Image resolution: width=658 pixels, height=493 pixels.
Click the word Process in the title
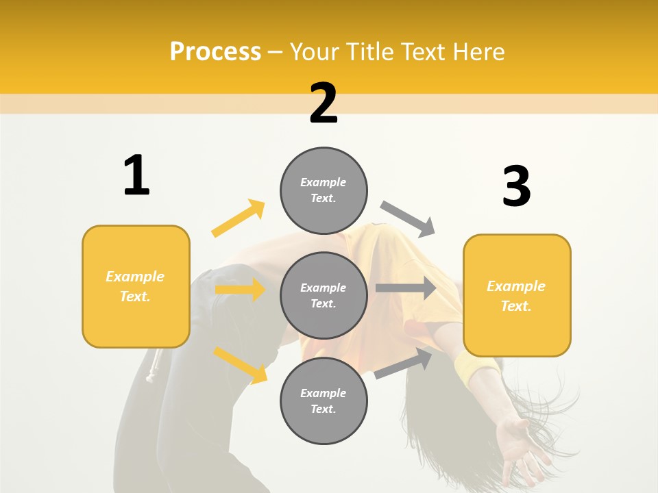(215, 52)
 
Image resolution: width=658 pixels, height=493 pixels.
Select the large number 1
(136, 176)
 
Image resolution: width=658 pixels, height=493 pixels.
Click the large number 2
(324, 103)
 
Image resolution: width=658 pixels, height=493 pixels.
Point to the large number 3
(516, 186)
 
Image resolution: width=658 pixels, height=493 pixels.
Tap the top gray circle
(324, 190)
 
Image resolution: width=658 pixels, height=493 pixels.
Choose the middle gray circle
(324, 295)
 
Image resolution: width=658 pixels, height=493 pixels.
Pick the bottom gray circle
(324, 401)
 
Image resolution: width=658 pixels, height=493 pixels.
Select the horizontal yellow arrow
(240, 290)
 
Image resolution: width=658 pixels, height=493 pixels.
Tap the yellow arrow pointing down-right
(240, 364)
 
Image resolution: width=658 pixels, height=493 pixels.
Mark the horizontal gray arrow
(406, 288)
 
